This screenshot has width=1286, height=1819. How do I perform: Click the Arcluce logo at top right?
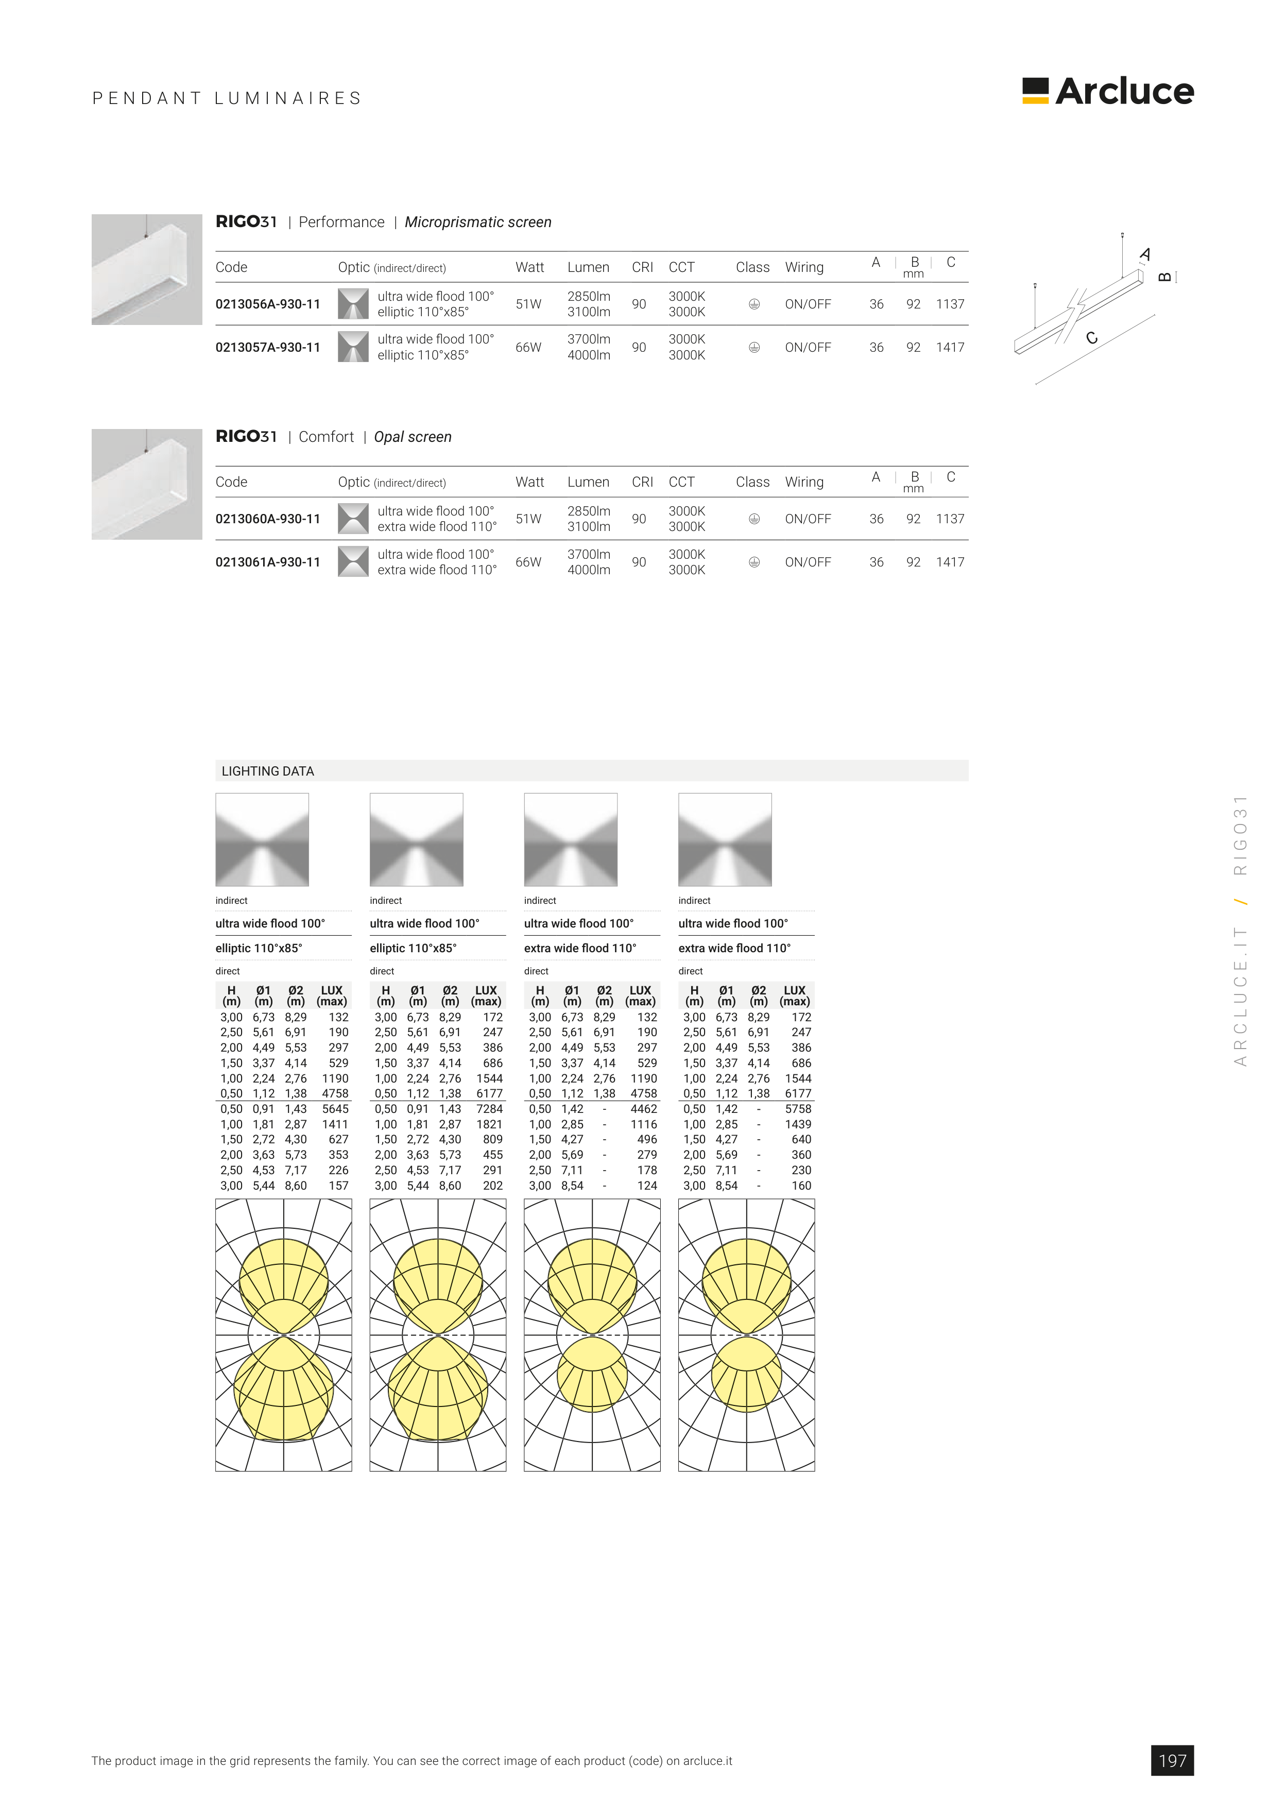click(x=1108, y=91)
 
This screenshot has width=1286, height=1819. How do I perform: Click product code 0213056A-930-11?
click(x=268, y=304)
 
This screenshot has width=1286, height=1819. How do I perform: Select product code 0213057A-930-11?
click(x=268, y=347)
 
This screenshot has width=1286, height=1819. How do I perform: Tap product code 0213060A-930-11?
click(x=268, y=519)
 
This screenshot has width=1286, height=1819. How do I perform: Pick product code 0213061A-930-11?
click(x=268, y=562)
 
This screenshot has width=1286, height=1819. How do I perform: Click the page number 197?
click(x=1172, y=1760)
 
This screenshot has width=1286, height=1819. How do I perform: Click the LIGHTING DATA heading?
click(x=268, y=771)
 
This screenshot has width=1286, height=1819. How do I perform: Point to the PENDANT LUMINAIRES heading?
click(x=227, y=98)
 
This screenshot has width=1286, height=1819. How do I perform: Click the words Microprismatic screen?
click(x=478, y=222)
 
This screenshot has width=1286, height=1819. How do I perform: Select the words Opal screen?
click(x=413, y=437)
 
